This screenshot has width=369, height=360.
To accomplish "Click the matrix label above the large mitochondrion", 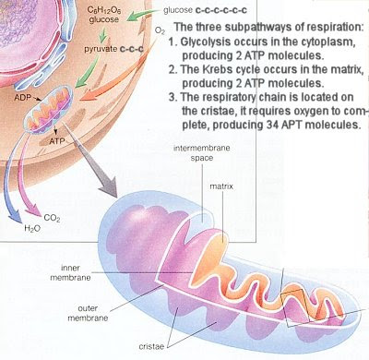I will pos(218,186).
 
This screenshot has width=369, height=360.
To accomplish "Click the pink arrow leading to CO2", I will pos(42,180).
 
